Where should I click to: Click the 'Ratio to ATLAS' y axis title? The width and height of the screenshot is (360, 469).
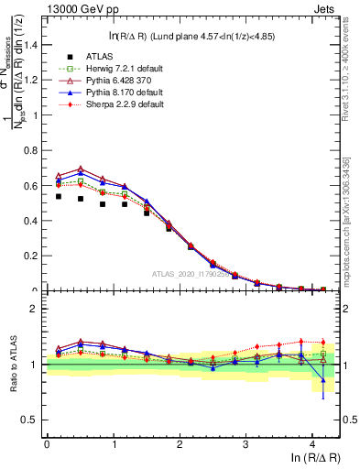[x=12, y=365]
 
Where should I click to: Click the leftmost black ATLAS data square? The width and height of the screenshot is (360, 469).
[x=59, y=196]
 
